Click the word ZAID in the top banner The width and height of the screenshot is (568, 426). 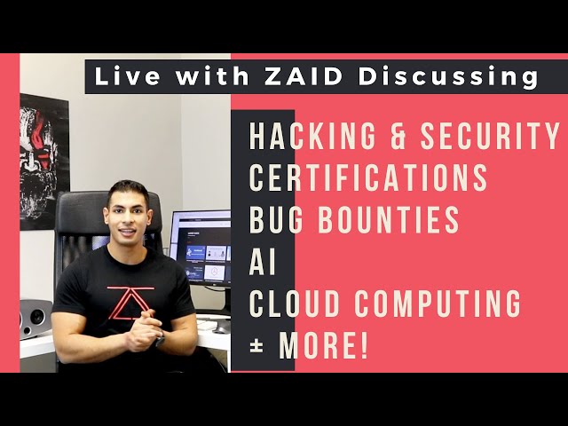click(304, 76)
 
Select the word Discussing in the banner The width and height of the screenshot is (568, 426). click(448, 78)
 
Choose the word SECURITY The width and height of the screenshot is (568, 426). click(490, 136)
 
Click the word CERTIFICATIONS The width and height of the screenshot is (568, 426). click(368, 177)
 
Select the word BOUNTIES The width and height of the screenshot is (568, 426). click(389, 219)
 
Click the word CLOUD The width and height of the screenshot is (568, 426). click(295, 304)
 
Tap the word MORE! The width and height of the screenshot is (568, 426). click(323, 345)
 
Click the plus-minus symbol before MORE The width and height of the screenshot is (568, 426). click(256, 346)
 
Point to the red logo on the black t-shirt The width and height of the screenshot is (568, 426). click(130, 303)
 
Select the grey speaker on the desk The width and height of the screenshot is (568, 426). click(35, 319)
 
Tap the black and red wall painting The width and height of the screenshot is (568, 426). click(44, 162)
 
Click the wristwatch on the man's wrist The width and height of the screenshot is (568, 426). click(160, 339)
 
